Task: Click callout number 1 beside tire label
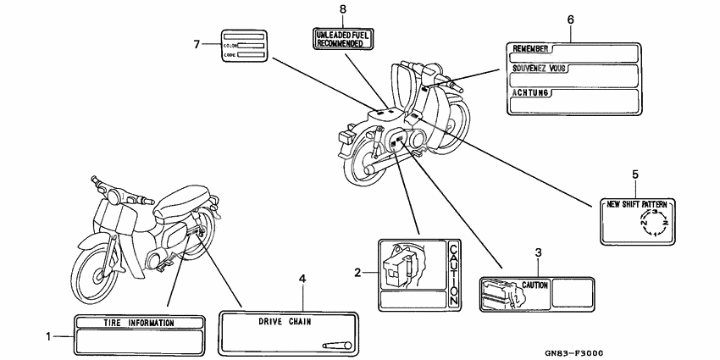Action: tap(48, 336)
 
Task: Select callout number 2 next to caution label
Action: tap(358, 273)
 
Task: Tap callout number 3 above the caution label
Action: tap(538, 252)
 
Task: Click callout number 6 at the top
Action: tap(570, 19)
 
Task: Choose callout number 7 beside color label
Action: tap(197, 43)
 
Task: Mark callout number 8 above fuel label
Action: tap(342, 8)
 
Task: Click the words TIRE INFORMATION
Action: tap(139, 324)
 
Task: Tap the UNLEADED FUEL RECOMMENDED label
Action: tap(342, 37)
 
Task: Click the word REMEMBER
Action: tap(532, 50)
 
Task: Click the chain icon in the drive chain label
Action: tap(337, 345)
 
